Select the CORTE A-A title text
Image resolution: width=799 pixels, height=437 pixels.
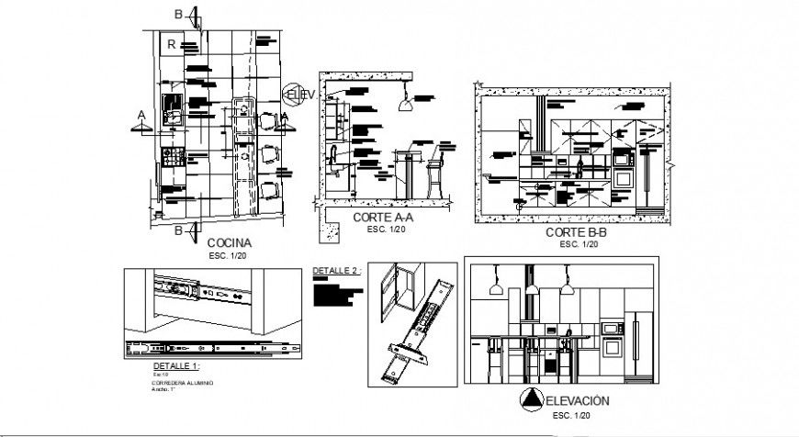tap(384, 218)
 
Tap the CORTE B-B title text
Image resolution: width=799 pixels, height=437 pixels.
tap(576, 233)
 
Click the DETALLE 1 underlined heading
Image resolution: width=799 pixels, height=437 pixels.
tap(174, 365)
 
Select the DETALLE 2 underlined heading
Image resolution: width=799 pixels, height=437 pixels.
tap(334, 272)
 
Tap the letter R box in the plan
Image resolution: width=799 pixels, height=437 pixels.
tap(170, 43)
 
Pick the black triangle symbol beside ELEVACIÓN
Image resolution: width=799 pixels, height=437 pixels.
tap(531, 399)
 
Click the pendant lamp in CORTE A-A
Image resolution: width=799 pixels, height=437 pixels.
tap(402, 106)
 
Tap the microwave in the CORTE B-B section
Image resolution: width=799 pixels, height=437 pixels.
tap(623, 159)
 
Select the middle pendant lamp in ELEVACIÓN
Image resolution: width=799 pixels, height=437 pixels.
tap(531, 289)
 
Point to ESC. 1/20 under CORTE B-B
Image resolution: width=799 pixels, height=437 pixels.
tap(580, 244)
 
